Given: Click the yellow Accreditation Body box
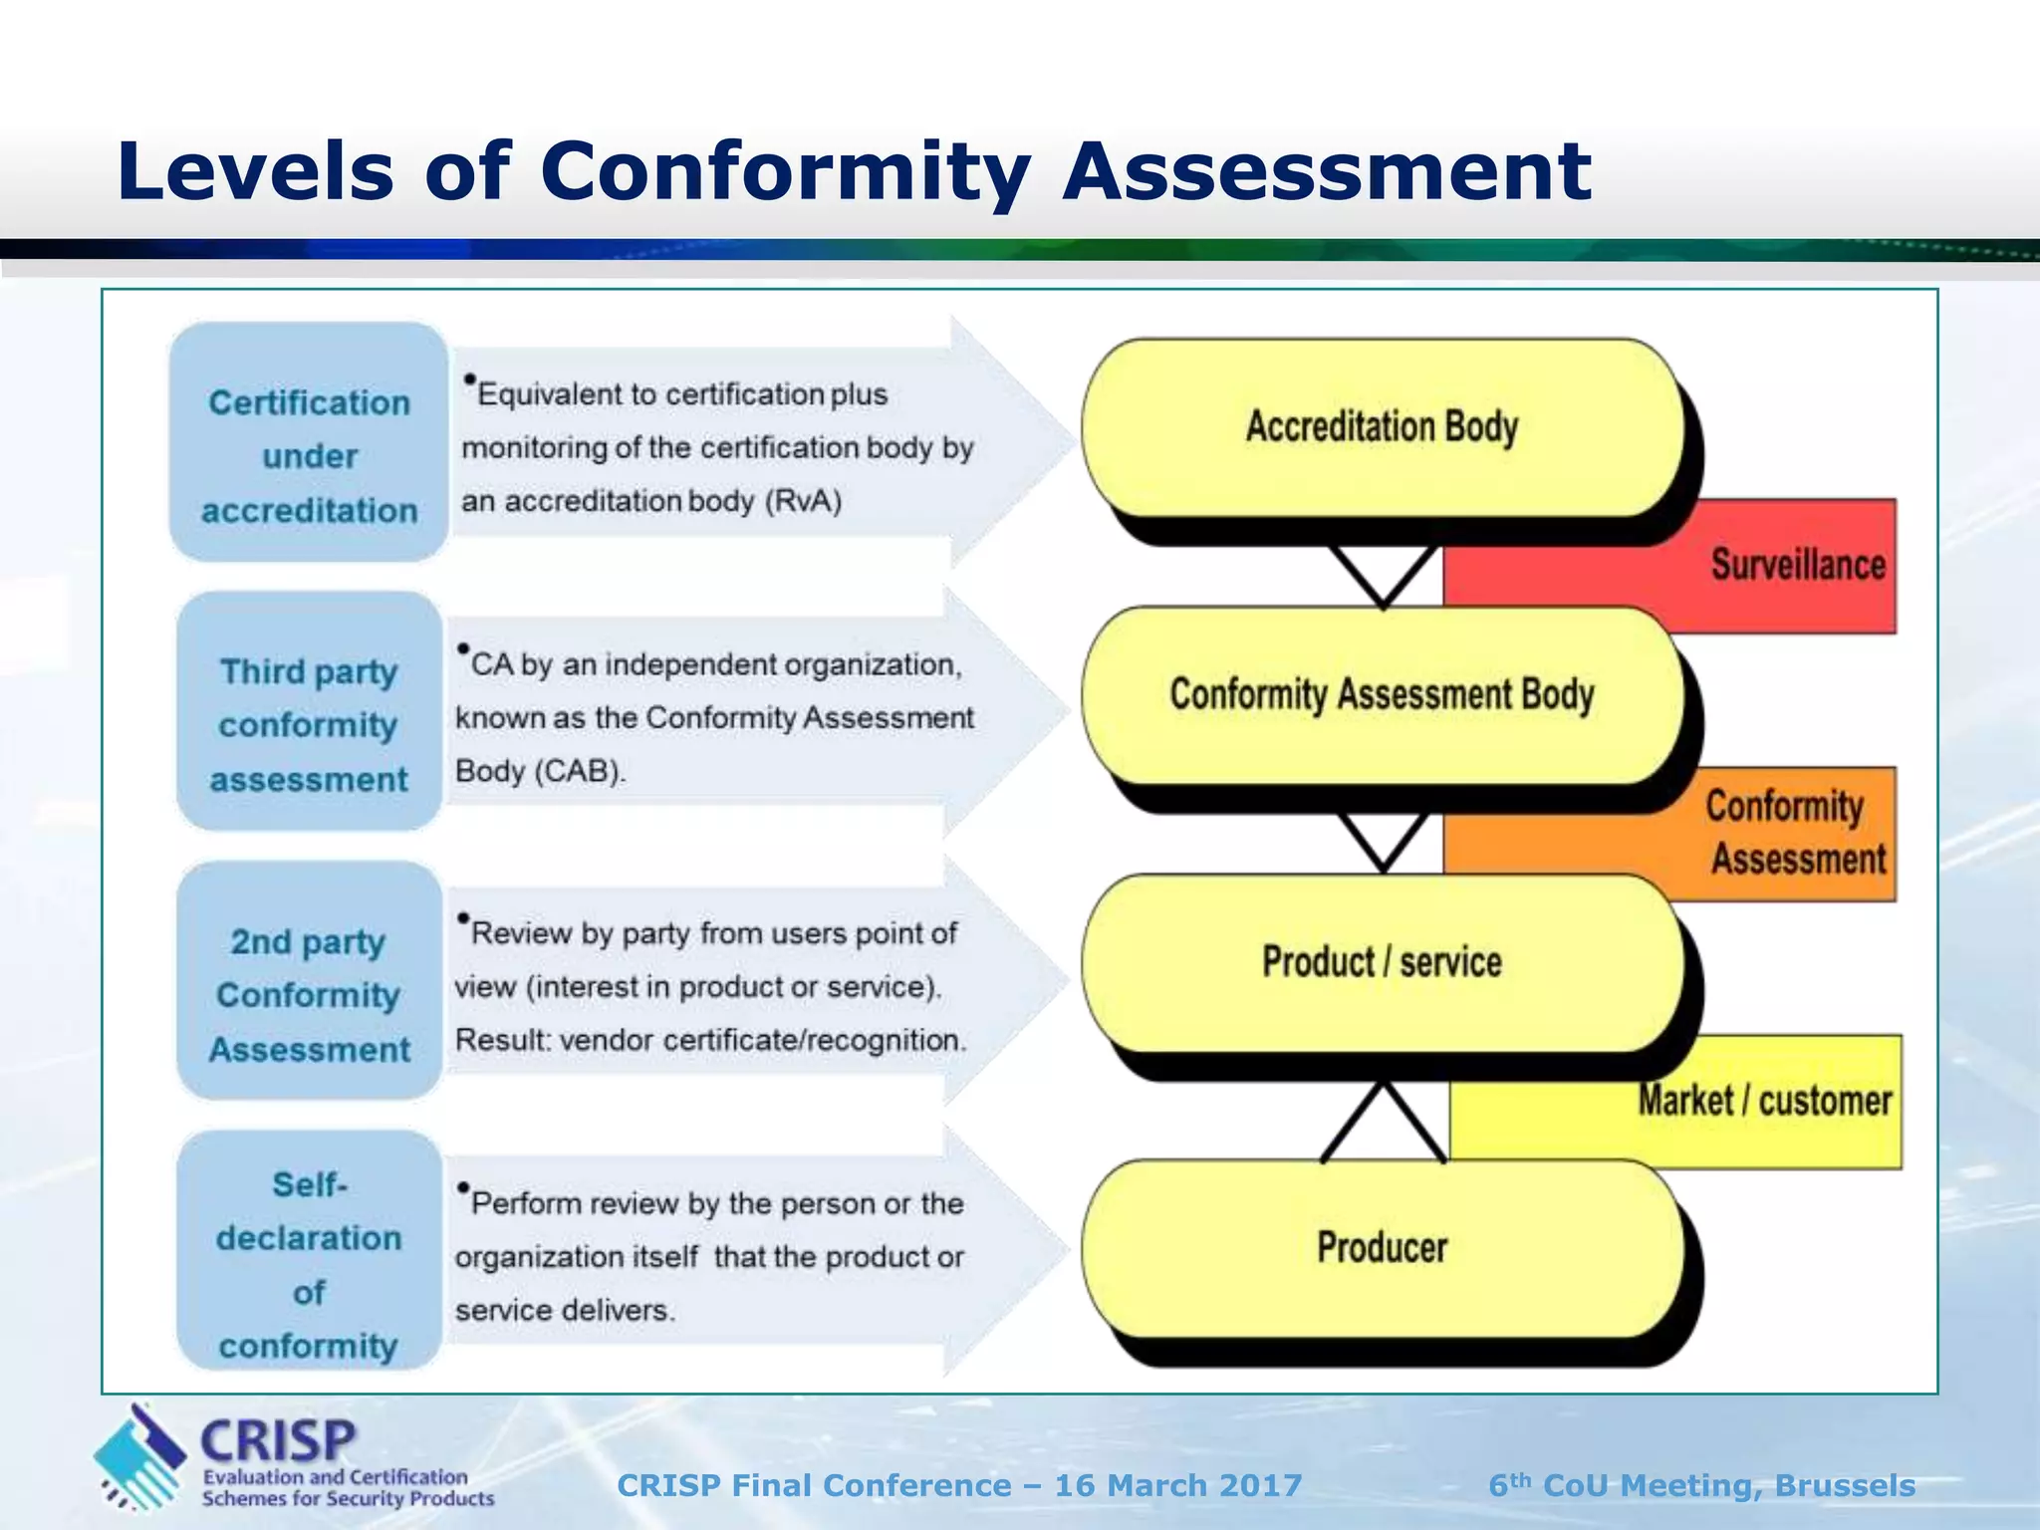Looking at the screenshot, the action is click(x=1382, y=427).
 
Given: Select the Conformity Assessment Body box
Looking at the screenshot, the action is click(x=1382, y=694).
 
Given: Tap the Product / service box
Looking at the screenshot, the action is click(x=1382, y=962).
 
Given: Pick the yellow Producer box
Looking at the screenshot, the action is click(x=1382, y=1247).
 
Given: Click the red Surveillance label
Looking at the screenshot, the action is click(x=1798, y=565).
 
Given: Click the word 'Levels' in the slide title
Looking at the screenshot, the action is click(x=255, y=171).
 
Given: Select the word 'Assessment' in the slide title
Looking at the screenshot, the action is click(x=1326, y=171).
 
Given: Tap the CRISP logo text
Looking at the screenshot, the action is click(x=278, y=1440).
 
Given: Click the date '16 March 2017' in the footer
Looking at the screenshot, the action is click(x=1178, y=1485).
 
